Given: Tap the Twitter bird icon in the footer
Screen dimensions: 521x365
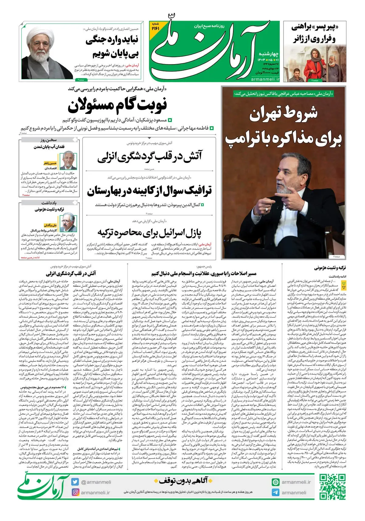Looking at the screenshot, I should [x=75, y=482].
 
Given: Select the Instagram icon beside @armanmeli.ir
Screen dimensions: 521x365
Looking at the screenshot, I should [x=75, y=492].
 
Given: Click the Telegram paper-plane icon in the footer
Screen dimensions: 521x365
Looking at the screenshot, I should [x=276, y=492].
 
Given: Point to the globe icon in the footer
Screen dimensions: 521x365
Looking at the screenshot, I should [x=276, y=482].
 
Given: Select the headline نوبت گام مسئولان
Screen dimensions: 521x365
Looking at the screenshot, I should [x=117, y=105].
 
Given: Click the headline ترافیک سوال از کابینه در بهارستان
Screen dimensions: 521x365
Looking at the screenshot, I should [x=149, y=191].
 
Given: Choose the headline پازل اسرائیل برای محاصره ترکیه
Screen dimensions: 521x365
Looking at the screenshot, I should [x=149, y=233].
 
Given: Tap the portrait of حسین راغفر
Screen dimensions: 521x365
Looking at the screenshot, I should [x=68, y=160].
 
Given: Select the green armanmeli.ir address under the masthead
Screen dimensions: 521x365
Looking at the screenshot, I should [x=265, y=79].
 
